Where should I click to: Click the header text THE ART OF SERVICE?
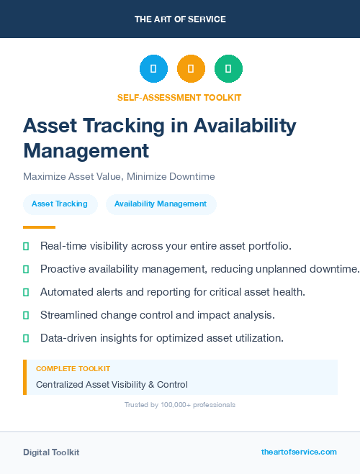[180, 19]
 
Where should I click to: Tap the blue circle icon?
[153, 69]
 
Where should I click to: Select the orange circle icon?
[191, 69]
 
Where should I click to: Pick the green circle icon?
[228, 69]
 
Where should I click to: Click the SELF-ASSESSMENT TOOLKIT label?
[179, 97]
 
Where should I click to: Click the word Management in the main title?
[86, 151]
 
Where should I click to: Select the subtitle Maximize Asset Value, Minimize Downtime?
[119, 176]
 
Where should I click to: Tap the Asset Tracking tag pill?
[60, 204]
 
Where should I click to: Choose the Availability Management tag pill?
[161, 204]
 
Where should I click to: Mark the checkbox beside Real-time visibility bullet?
[26, 246]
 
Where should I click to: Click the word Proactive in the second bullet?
[63, 269]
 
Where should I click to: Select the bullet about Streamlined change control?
[158, 315]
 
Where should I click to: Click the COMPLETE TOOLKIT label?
[73, 368]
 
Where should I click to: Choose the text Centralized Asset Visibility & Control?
[112, 385]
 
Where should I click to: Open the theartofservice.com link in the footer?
[299, 452]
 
